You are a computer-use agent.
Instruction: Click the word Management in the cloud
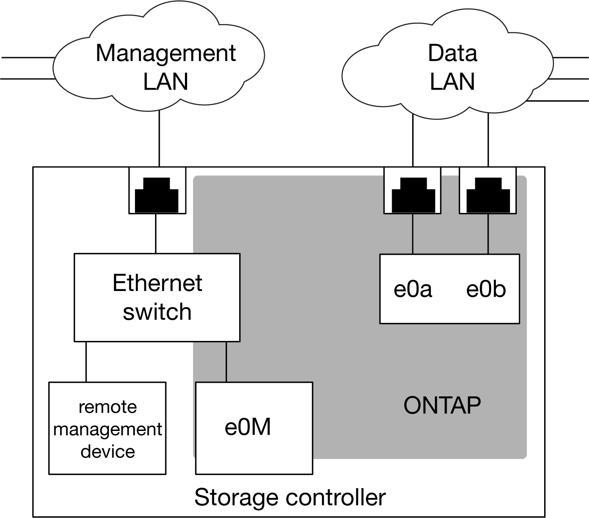click(165, 53)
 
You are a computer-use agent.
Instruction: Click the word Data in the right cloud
click(452, 53)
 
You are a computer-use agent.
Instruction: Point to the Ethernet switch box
click(157, 297)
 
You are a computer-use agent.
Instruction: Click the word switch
click(157, 312)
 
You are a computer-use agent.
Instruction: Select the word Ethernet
click(157, 283)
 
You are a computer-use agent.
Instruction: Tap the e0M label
click(248, 427)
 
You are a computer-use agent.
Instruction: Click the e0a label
click(413, 289)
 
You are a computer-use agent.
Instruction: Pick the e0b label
click(486, 289)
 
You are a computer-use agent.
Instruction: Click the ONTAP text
click(442, 405)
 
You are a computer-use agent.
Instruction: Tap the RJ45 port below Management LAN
click(158, 190)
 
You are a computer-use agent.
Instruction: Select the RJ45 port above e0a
click(412, 190)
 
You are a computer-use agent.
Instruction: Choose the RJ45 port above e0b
click(488, 190)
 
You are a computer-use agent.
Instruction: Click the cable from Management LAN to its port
click(158, 139)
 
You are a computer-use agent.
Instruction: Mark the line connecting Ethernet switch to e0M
click(226, 362)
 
